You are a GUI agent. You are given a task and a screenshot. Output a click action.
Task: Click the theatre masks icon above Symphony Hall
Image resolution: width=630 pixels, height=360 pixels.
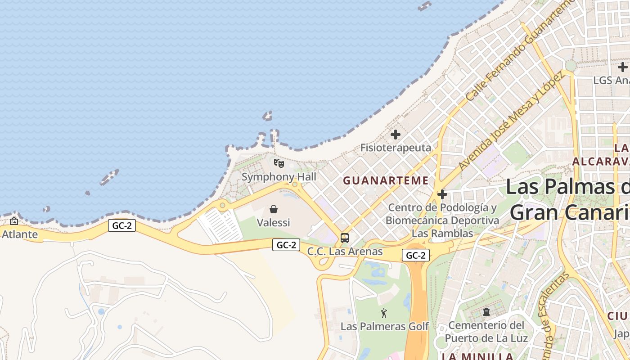[x=279, y=163]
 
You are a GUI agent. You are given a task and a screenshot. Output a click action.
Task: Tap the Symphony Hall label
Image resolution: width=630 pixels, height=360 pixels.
[x=279, y=177]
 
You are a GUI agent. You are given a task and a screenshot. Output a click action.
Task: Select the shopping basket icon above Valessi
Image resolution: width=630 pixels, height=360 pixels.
[x=274, y=209]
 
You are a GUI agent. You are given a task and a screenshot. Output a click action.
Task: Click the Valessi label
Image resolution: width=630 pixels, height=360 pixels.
[x=274, y=222]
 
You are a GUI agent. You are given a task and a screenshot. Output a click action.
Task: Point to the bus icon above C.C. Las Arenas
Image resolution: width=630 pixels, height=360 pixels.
[x=345, y=238]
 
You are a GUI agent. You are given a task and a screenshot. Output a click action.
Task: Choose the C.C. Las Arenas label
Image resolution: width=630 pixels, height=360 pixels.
[x=345, y=252]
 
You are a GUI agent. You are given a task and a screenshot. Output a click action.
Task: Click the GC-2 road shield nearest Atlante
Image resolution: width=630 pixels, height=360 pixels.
[x=122, y=225]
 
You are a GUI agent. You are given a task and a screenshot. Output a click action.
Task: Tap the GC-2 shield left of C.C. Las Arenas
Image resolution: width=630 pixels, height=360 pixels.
[x=286, y=245]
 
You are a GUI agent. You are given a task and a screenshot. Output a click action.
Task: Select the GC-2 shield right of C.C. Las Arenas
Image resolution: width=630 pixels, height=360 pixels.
[x=416, y=255]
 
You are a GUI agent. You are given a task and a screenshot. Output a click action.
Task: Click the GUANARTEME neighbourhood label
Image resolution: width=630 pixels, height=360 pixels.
[x=386, y=181]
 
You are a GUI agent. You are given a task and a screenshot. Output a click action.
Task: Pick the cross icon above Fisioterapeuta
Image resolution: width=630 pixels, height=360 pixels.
[x=396, y=135]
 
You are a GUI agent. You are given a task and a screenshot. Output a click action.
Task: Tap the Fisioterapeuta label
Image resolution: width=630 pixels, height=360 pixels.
[x=396, y=148]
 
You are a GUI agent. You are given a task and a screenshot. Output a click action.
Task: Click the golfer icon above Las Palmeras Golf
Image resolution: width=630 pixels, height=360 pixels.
[x=384, y=313]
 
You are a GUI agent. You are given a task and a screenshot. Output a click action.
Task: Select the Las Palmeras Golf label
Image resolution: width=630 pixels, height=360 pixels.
[x=384, y=326]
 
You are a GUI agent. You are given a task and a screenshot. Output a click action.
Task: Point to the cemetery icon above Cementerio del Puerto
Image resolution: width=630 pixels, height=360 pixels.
[x=486, y=311]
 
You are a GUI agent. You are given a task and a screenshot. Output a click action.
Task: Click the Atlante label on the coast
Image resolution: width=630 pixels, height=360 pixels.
[x=20, y=234]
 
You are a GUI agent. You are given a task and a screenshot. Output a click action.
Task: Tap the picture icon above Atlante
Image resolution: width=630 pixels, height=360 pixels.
[x=14, y=221]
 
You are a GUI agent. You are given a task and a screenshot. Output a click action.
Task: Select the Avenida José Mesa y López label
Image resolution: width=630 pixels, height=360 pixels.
[x=511, y=121]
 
